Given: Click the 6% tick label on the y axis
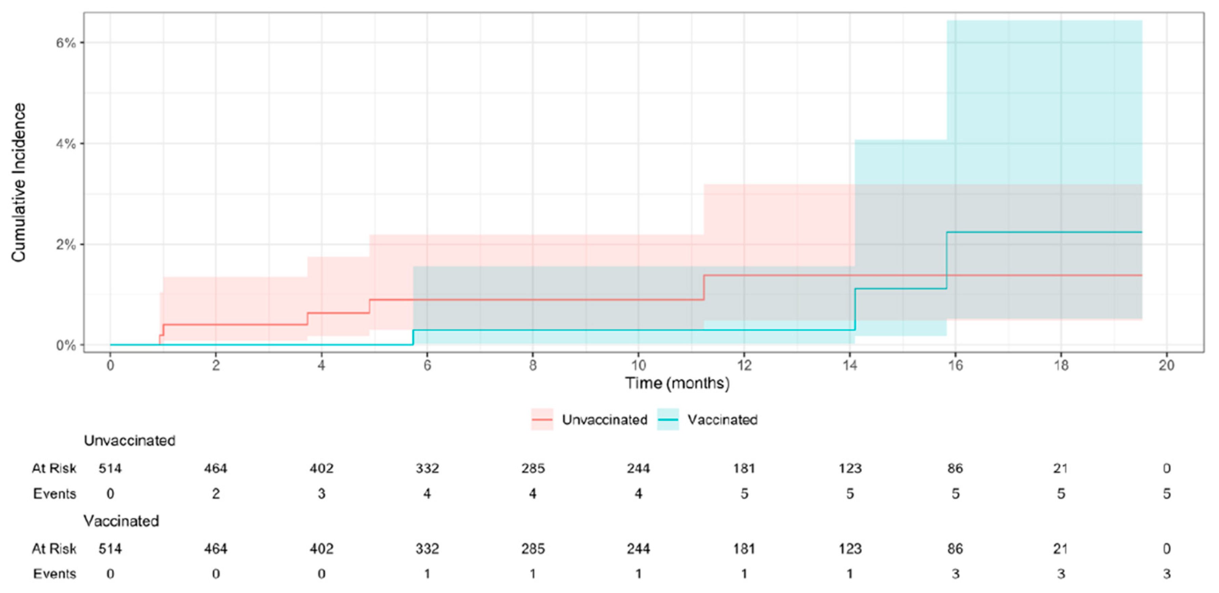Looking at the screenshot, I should (x=66, y=43).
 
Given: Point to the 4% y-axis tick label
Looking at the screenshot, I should (x=66, y=144).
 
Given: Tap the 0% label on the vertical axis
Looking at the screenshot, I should (x=66, y=346).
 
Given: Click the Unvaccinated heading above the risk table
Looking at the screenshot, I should (x=129, y=441).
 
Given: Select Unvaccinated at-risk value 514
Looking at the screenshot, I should (x=110, y=469).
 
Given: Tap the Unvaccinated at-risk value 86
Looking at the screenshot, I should (x=955, y=469).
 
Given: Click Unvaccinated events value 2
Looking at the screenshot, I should (x=216, y=494).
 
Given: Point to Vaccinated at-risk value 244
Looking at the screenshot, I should (x=638, y=549).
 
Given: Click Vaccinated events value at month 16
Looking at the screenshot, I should (x=955, y=574).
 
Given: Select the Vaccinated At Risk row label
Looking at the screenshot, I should (x=54, y=549).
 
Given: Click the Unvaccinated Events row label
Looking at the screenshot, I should (x=55, y=494).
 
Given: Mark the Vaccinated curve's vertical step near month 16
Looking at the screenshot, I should (x=946, y=260).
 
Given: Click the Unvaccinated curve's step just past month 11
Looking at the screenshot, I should (x=704, y=287).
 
